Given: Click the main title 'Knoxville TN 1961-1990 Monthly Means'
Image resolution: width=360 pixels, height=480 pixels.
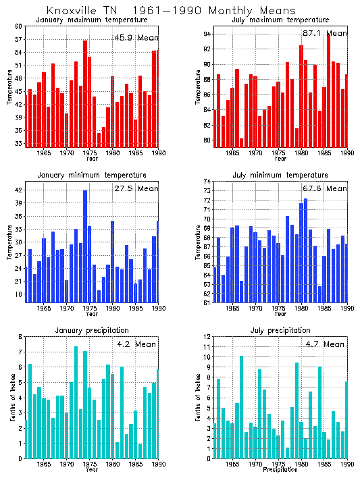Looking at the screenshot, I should [170, 11].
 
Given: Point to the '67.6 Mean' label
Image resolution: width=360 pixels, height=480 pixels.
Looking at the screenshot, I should [323, 189].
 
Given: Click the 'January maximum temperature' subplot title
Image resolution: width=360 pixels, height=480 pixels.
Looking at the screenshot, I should [91, 20].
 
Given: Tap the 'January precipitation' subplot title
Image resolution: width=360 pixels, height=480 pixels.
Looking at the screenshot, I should [91, 330].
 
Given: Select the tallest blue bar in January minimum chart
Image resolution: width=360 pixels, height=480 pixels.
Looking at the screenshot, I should [85, 246].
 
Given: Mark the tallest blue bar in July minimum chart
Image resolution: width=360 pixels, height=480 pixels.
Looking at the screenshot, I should [305, 250].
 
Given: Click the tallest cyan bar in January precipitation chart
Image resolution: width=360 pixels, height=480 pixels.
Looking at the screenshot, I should [76, 402].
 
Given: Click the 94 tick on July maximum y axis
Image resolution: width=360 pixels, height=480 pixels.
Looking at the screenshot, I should [207, 34].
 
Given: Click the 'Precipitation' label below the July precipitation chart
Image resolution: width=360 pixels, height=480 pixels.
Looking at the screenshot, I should [280, 469].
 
